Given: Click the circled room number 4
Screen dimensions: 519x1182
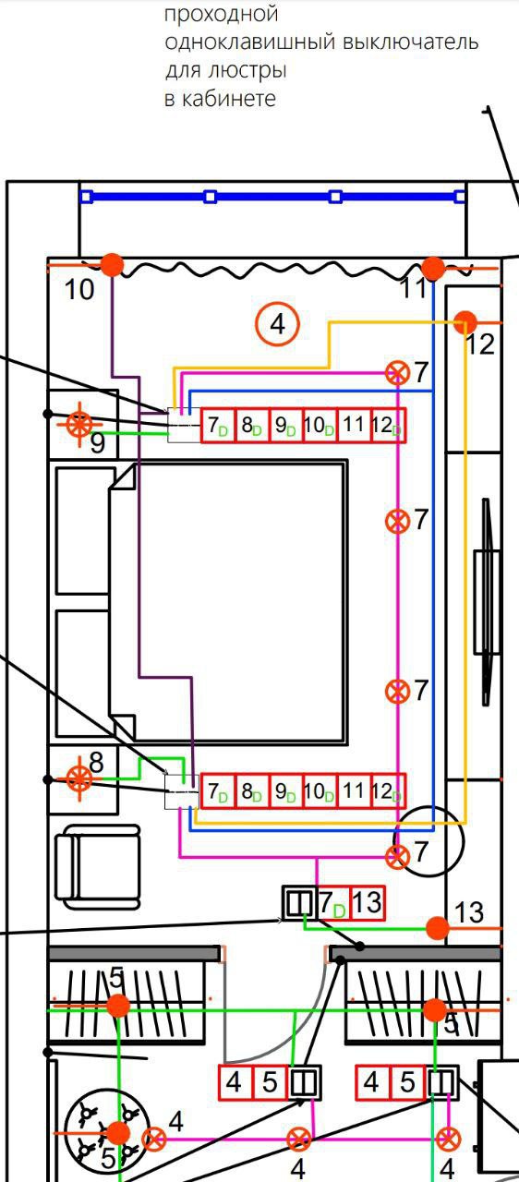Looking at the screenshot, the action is (277, 323).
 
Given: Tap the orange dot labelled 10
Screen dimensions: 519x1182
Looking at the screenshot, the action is (112, 265).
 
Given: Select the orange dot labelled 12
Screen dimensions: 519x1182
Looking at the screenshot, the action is (465, 321).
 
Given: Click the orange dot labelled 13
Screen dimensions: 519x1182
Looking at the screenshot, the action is (437, 928).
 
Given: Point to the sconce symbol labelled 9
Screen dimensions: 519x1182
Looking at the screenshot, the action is (79, 424).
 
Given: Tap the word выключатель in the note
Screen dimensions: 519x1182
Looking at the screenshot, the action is (411, 42).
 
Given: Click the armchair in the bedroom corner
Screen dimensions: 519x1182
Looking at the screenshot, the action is (98, 867).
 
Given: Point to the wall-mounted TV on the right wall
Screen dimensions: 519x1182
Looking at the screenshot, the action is (487, 601).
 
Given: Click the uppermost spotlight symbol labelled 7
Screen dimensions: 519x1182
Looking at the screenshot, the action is (397, 374).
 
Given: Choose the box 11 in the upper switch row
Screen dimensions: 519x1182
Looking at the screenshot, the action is (354, 426).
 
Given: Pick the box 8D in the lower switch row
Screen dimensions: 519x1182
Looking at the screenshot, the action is (251, 791).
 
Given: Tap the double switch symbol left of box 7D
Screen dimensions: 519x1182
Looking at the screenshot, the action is (299, 903).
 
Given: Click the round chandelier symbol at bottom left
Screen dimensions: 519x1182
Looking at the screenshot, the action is (108, 1130).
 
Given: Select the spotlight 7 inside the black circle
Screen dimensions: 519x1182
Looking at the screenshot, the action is (397, 857).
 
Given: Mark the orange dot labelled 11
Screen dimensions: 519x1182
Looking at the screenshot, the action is (433, 269).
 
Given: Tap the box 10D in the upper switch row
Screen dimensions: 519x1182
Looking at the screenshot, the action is (320, 426).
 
